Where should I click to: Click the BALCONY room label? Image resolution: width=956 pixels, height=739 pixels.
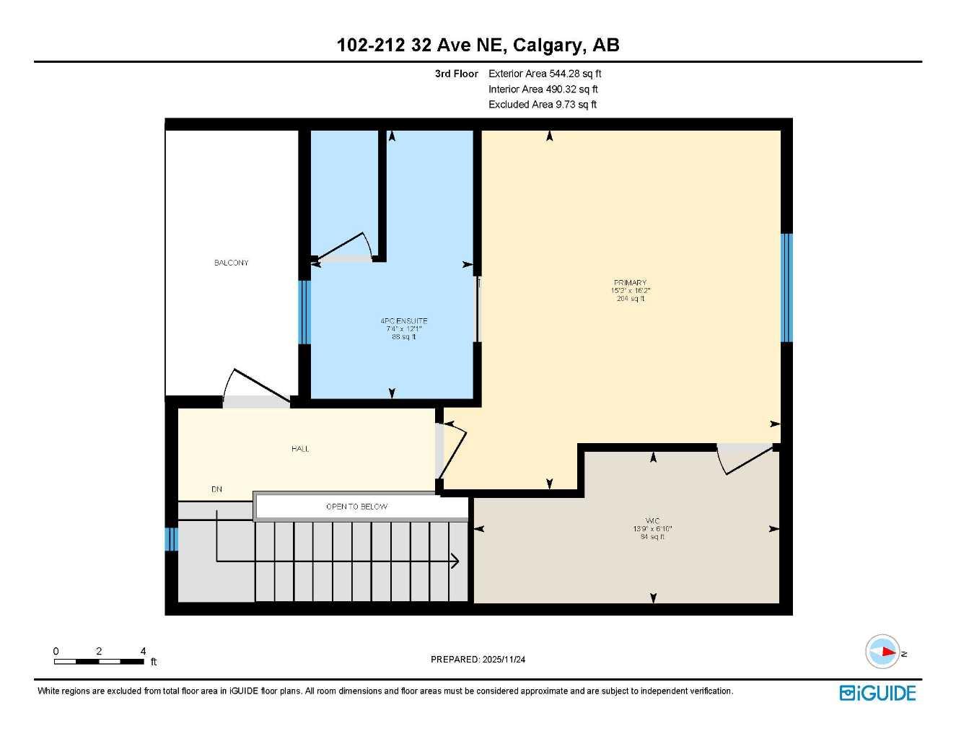point(231,263)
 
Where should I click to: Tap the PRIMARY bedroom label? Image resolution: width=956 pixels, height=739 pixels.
point(630,283)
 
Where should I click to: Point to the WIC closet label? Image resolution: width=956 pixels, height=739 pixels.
point(652,521)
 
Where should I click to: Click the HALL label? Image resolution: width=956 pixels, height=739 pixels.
point(300,449)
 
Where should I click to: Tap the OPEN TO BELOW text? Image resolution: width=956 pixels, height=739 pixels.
point(356,507)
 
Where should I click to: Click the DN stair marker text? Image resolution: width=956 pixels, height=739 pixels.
point(216,489)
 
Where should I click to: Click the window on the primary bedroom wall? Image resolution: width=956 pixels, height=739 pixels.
point(786,287)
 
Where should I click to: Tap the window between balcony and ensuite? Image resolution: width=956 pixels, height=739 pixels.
point(304,312)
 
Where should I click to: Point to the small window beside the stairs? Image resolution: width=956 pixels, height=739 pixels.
point(171,539)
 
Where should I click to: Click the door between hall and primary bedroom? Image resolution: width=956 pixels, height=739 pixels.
point(453,449)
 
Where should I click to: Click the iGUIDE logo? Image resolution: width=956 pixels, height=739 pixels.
point(877,693)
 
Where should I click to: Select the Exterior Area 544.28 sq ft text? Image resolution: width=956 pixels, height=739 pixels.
point(545,74)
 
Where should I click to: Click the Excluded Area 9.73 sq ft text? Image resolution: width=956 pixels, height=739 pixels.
point(543,105)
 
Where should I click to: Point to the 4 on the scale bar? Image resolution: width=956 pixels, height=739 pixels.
point(143,651)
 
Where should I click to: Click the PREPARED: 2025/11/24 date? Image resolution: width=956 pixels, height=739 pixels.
point(478,659)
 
